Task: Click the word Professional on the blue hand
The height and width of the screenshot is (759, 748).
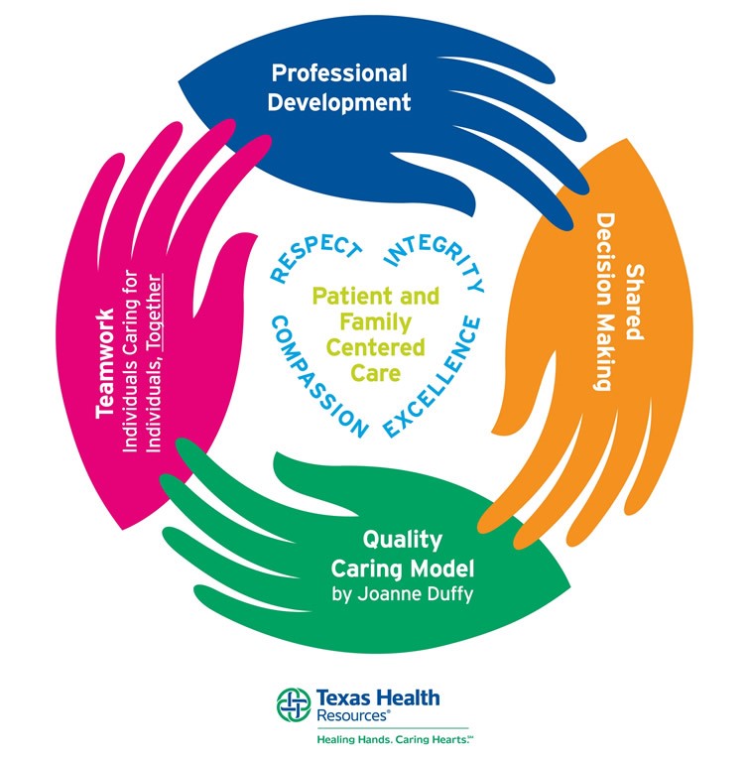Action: pyautogui.click(x=339, y=73)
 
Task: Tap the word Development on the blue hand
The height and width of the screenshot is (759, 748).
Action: pyautogui.click(x=339, y=101)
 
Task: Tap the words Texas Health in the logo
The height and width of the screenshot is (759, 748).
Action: pyautogui.click(x=378, y=697)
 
